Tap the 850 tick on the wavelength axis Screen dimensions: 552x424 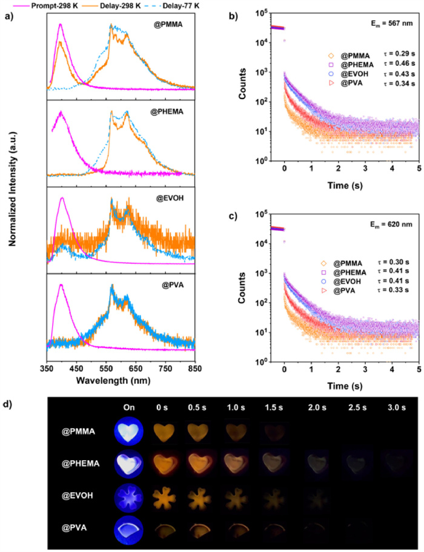tap(194, 368)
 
